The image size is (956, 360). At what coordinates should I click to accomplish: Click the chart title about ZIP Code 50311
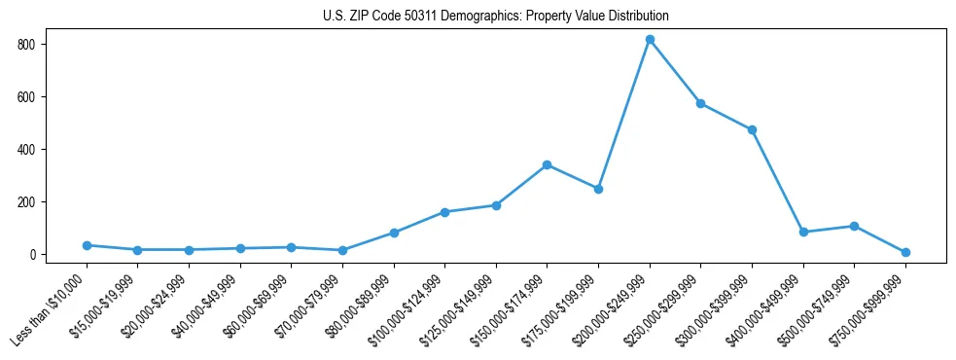point(496,17)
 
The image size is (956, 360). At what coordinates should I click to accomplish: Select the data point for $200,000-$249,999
point(650,40)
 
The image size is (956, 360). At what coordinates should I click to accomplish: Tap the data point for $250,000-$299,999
point(700,103)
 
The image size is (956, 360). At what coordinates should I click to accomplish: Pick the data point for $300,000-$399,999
point(752,129)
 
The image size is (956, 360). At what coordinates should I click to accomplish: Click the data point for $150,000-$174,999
point(548,164)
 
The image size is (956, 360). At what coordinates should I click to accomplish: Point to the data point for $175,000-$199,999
point(598,189)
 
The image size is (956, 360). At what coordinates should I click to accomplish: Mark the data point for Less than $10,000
point(87,245)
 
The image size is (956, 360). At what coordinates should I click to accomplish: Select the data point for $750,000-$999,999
point(905,252)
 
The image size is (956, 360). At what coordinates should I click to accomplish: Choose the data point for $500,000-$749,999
point(854,226)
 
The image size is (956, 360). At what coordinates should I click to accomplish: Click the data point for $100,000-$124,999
point(444,212)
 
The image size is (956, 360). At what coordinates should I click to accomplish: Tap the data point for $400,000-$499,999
point(803,232)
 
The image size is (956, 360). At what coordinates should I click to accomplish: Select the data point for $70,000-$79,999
point(342,250)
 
